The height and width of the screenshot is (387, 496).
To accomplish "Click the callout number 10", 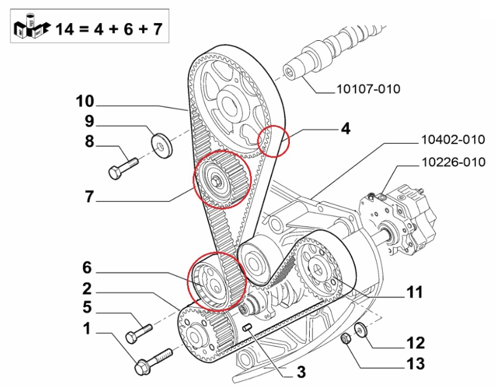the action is click(x=85, y=101).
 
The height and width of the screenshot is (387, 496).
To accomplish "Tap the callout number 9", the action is click(x=89, y=121).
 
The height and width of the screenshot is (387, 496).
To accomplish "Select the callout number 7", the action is click(x=89, y=196).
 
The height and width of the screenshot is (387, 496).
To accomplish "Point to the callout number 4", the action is click(x=346, y=129).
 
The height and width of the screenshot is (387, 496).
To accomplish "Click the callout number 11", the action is click(x=414, y=292).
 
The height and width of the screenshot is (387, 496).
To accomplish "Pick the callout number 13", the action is click(x=416, y=364).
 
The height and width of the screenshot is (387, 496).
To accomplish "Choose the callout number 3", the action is click(x=301, y=372).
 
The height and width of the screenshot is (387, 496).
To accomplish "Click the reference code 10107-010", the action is click(x=368, y=89).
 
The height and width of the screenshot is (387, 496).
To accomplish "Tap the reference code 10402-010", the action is click(x=453, y=139).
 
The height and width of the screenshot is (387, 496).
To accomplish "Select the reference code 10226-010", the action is click(x=454, y=162).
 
